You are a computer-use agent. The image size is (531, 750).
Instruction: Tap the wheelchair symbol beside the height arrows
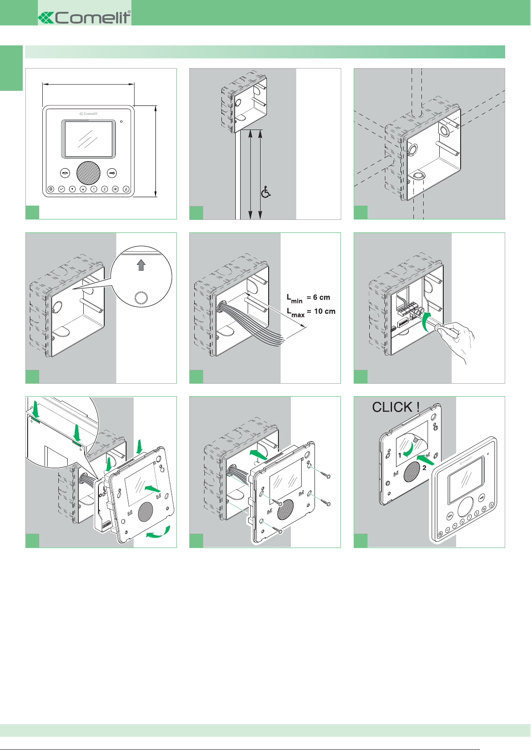(266, 192)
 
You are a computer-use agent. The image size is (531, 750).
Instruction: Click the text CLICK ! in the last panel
(396, 407)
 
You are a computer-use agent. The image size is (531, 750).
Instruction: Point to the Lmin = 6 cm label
(308, 298)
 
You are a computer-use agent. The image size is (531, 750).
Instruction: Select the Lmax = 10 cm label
(311, 312)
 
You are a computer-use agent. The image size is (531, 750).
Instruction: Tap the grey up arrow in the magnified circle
(141, 265)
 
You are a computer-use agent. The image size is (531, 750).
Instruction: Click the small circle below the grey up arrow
(141, 298)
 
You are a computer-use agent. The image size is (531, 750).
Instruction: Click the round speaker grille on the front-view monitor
(89, 173)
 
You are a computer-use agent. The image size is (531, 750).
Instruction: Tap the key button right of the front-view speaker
(112, 173)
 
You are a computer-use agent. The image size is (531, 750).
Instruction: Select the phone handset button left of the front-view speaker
(65, 173)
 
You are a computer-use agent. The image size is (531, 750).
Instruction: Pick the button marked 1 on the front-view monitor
(94, 189)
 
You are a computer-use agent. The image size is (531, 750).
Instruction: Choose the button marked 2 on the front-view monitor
(105, 189)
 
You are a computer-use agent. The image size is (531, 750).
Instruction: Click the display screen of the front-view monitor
(89, 138)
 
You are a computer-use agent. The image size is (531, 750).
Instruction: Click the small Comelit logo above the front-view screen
(89, 114)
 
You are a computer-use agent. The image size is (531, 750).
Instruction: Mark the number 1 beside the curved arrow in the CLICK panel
(400, 455)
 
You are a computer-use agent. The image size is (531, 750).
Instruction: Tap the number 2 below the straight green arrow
(424, 468)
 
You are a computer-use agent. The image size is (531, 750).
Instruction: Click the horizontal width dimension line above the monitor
(88, 83)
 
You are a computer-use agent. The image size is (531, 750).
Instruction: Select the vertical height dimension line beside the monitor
(155, 150)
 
